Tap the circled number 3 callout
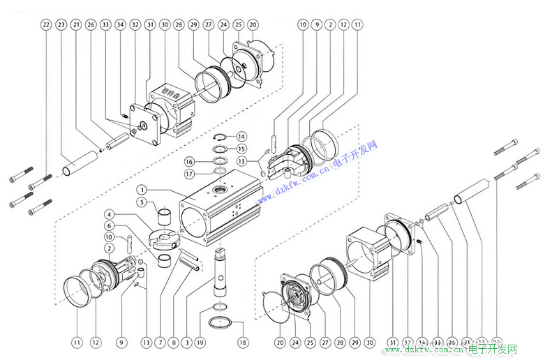[x=187, y=343]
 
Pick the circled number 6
[x=110, y=225]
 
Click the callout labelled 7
[x=161, y=343]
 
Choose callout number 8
[x=174, y=343]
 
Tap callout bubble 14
[x=241, y=136]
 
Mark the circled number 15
[x=241, y=149]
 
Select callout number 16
[x=189, y=161]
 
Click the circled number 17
[x=189, y=174]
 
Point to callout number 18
[x=243, y=343]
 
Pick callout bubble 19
[x=200, y=343]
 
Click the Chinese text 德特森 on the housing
[x=170, y=91]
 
